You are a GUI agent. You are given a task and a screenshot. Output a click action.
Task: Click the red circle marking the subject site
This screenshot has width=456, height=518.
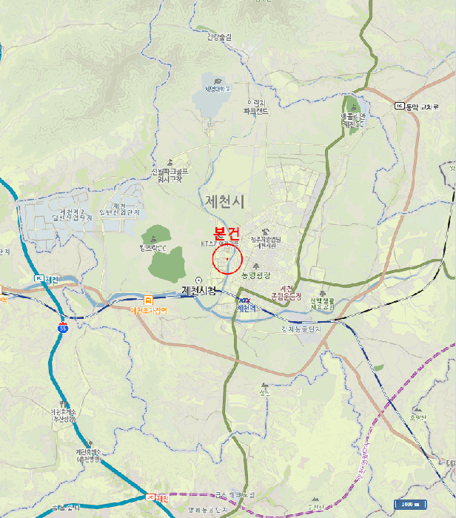click(227, 259)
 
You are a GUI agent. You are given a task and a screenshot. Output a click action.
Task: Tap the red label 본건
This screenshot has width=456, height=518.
click(228, 232)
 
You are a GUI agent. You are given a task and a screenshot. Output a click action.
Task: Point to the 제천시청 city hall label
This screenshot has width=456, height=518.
click(199, 291)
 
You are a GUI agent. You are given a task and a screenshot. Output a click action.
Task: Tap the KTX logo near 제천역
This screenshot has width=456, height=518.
click(244, 300)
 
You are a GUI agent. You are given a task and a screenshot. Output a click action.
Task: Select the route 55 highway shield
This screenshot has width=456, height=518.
click(63, 325)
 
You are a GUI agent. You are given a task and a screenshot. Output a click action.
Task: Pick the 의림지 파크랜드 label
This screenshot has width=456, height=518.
click(256, 107)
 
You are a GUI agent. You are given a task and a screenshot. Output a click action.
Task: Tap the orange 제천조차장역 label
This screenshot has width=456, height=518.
click(148, 311)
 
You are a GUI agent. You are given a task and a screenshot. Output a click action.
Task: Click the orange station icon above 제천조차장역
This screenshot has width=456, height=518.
click(148, 300)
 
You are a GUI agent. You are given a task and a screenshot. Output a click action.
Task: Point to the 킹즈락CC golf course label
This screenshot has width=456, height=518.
click(152, 247)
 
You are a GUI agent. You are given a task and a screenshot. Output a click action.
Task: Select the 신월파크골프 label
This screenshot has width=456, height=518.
click(171, 175)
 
